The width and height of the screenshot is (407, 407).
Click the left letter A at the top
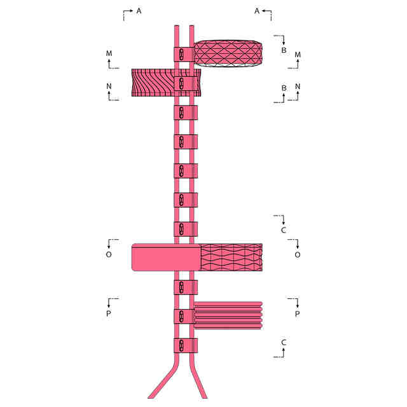point(139,11)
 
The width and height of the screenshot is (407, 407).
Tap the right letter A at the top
point(257,11)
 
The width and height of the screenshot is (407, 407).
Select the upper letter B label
point(284,50)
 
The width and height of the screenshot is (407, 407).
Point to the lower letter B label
point(284,88)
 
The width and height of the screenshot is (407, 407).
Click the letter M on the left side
point(109,53)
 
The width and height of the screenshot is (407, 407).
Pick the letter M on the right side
point(298,55)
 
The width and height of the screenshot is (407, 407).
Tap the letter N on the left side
point(109,86)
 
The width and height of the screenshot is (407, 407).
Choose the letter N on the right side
point(298,86)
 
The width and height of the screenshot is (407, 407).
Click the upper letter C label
point(284,230)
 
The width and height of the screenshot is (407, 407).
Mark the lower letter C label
point(284,342)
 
